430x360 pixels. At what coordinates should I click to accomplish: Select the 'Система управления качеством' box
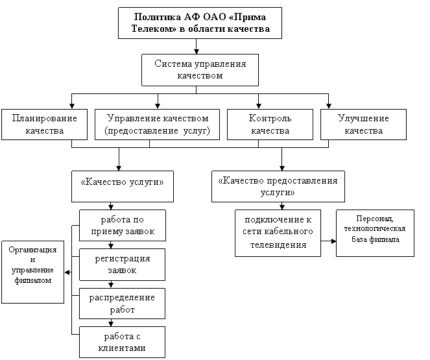pos(200,70)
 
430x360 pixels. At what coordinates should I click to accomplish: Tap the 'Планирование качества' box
pos(44,125)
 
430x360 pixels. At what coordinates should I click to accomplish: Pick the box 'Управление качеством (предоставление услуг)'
pos(157,125)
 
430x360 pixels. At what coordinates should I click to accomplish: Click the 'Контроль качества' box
pos(270,125)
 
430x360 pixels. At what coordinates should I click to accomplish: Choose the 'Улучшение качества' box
pos(363,125)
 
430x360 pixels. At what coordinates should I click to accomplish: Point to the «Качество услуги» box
pos(122,182)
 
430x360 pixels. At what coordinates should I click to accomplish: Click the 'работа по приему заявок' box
pos(123,226)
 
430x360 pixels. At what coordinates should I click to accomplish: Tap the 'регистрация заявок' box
pos(123,265)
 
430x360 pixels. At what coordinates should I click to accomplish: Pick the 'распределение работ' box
pos(123,304)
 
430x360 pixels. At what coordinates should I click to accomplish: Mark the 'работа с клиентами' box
pos(123,342)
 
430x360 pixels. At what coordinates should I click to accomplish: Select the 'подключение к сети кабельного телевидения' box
pos(278,232)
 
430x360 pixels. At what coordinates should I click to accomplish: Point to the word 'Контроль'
pos(270,119)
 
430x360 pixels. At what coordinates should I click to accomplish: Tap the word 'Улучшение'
pos(363,119)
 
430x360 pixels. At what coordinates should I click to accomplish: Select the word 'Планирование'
pos(44,119)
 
